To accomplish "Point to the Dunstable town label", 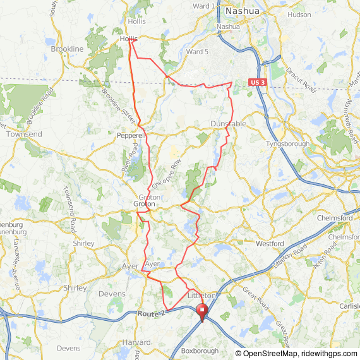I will [228, 124].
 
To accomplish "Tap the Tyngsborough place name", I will [288, 143].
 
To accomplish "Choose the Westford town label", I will [270, 243].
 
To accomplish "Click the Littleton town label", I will [203, 295].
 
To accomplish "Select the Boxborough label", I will [200, 351].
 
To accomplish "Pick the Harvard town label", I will [136, 342].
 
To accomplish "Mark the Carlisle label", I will [348, 306].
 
